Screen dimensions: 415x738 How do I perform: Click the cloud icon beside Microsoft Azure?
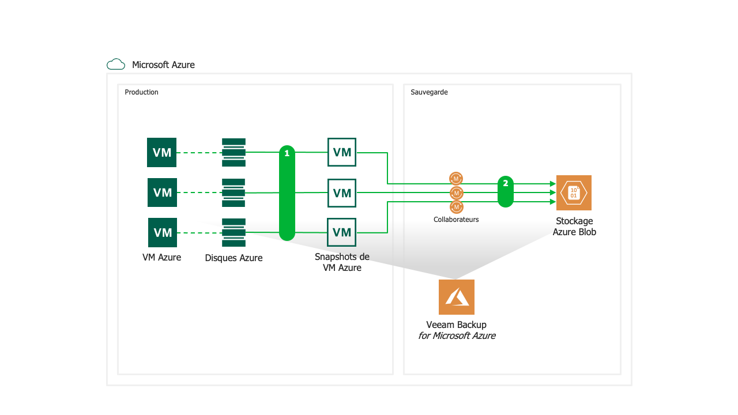116,65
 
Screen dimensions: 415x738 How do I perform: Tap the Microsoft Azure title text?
163,65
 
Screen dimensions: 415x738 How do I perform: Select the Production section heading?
141,92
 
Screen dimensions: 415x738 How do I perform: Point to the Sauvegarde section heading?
429,92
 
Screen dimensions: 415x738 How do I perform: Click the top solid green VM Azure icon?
161,152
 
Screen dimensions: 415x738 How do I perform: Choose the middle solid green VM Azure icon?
162,193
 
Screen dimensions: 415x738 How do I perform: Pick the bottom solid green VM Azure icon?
163,232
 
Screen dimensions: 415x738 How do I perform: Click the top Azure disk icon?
234,152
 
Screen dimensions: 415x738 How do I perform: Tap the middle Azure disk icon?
234,193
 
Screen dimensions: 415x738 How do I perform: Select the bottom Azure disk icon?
234,232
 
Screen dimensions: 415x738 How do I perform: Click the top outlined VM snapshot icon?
342,152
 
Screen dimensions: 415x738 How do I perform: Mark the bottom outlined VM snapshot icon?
342,232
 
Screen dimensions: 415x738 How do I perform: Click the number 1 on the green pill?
287,153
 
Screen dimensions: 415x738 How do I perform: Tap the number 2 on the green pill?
506,183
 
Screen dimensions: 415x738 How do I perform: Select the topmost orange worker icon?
456,179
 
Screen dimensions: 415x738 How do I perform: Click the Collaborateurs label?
456,220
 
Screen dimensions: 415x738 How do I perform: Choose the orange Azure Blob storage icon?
574,193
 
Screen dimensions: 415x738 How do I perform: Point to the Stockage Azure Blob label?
574,227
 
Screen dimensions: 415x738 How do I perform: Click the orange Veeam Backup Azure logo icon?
456,297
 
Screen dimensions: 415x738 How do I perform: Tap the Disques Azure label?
234,258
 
